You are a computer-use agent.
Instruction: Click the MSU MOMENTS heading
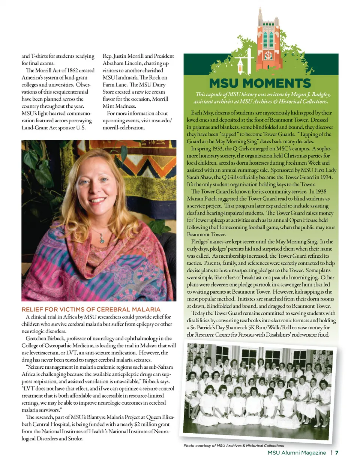point(260,83)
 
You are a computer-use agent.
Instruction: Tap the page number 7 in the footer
point(337,453)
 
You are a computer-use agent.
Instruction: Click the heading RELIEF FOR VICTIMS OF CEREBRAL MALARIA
point(91,309)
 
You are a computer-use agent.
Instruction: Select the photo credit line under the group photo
point(234,446)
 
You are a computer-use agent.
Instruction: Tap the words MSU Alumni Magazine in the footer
point(297,453)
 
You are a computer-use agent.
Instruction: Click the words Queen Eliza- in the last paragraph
point(160,417)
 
